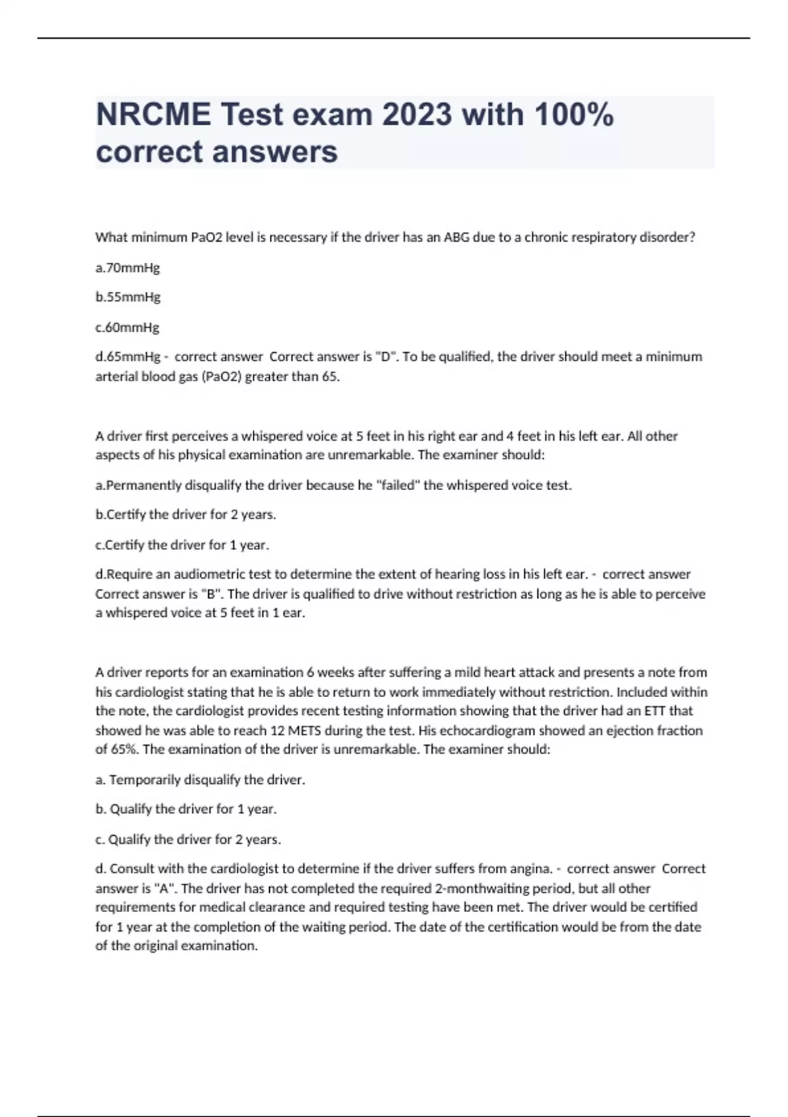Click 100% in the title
pos(574,115)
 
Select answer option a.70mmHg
pos(127,268)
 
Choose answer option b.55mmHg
pos(127,297)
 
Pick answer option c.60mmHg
pos(127,327)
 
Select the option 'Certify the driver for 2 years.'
pos(186,514)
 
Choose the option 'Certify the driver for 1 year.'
pos(183,545)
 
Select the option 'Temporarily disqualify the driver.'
pos(200,780)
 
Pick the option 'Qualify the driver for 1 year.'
pos(186,809)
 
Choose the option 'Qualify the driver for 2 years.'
pos(188,839)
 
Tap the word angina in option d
pos(530,869)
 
